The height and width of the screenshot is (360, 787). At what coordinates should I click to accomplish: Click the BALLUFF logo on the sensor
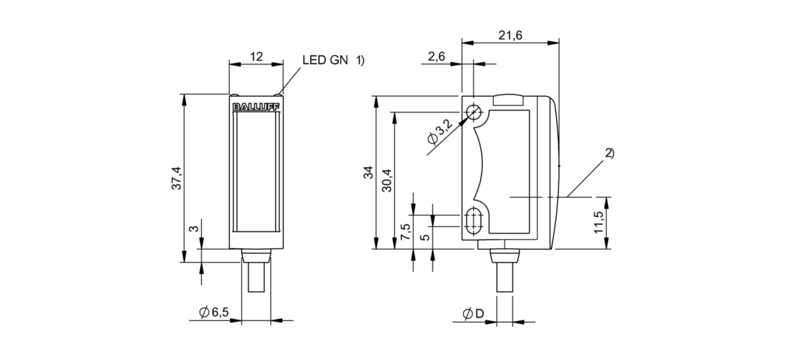(256, 107)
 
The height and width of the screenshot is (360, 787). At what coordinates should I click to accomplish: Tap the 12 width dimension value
(256, 56)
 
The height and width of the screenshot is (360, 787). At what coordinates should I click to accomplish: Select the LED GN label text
(324, 60)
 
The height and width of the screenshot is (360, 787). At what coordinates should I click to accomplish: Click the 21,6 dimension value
(510, 35)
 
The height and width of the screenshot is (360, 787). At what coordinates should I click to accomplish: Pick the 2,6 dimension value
(436, 56)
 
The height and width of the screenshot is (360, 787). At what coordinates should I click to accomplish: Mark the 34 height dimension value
(368, 173)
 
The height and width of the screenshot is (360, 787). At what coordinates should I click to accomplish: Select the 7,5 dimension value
(405, 231)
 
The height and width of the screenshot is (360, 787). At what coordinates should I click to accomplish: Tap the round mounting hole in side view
(473, 112)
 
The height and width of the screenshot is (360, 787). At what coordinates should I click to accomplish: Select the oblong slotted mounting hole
(473, 221)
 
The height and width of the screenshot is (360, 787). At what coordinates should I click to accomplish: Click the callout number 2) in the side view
(610, 152)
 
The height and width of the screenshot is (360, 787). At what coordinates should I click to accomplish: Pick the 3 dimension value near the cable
(195, 229)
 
